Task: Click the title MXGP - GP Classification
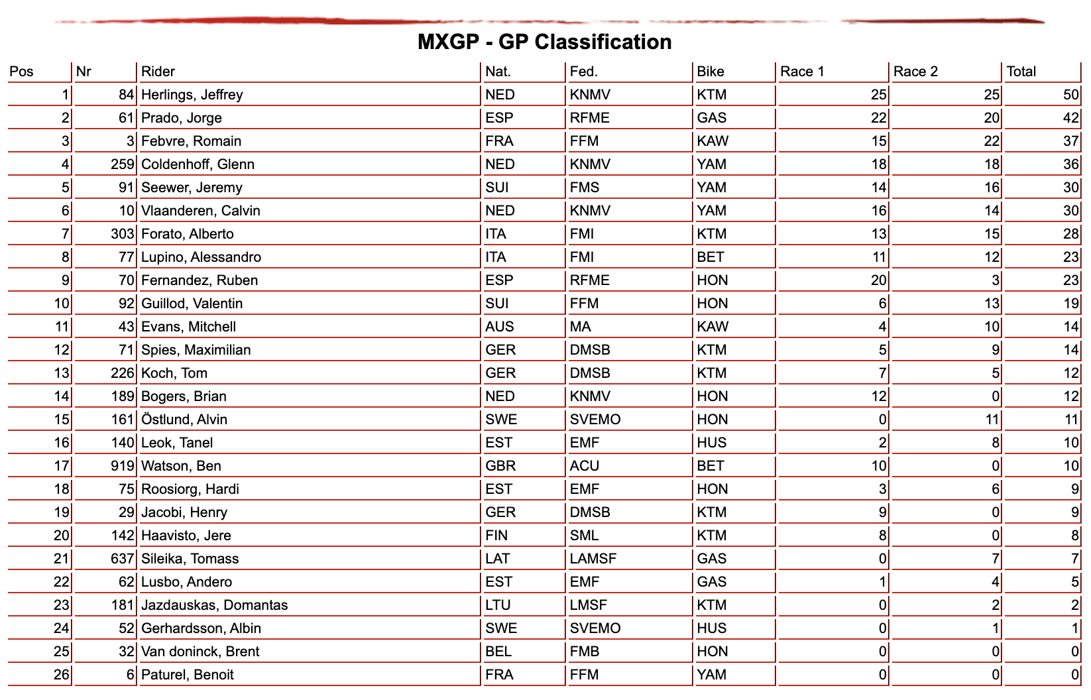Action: [x=544, y=42]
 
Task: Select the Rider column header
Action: [x=158, y=72]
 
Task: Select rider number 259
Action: [x=123, y=164]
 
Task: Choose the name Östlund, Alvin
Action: [x=184, y=420]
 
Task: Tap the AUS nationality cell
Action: [x=500, y=327]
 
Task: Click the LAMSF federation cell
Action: [x=593, y=559]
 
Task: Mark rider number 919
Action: [x=123, y=466]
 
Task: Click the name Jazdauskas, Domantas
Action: [x=215, y=605]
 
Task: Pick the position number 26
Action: [x=62, y=675]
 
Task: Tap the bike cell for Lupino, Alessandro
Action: [x=711, y=257]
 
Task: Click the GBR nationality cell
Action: [x=500, y=466]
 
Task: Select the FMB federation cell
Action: [x=585, y=652]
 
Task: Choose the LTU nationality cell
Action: [x=498, y=605]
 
